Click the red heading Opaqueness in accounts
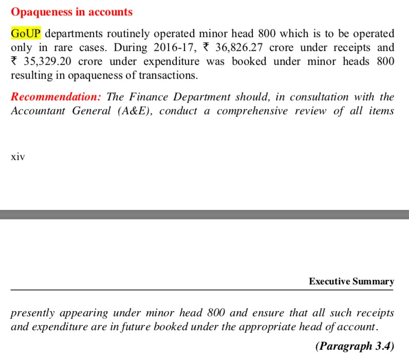71,12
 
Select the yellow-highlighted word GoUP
26,34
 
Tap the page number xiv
17,157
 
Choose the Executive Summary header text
351,281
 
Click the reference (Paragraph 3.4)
355,346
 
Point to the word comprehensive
252,111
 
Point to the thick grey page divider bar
204,214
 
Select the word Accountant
38,111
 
